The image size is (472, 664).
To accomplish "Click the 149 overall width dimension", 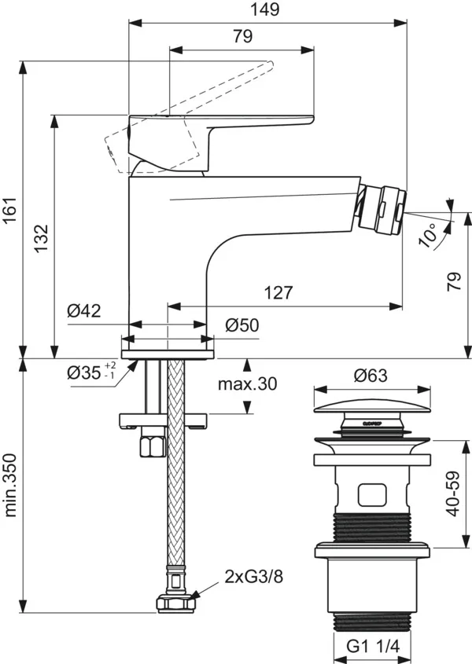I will pyautogui.click(x=267, y=10).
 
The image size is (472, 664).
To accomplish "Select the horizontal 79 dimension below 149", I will pyautogui.click(x=242, y=36).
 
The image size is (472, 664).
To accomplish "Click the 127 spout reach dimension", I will pyautogui.click(x=278, y=293).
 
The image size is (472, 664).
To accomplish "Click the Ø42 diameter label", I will pyautogui.click(x=84, y=311).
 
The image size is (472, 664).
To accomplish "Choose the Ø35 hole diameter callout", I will pyautogui.click(x=91, y=372).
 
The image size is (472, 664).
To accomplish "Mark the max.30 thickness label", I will pyautogui.click(x=247, y=383).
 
